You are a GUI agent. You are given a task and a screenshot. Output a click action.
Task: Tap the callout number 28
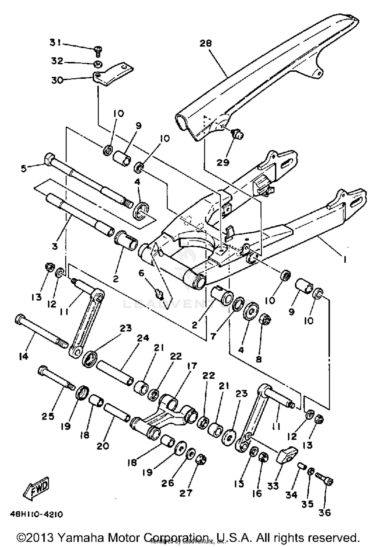206,43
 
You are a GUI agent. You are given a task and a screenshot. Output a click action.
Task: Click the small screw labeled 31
97,51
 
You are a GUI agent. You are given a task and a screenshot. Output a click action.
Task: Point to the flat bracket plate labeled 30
113,74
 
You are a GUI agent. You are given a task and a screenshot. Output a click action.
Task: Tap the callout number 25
48,416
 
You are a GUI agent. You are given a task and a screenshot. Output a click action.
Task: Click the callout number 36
324,512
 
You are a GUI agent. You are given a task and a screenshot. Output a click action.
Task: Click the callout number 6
142,273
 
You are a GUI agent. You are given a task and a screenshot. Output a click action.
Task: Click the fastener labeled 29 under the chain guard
237,133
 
